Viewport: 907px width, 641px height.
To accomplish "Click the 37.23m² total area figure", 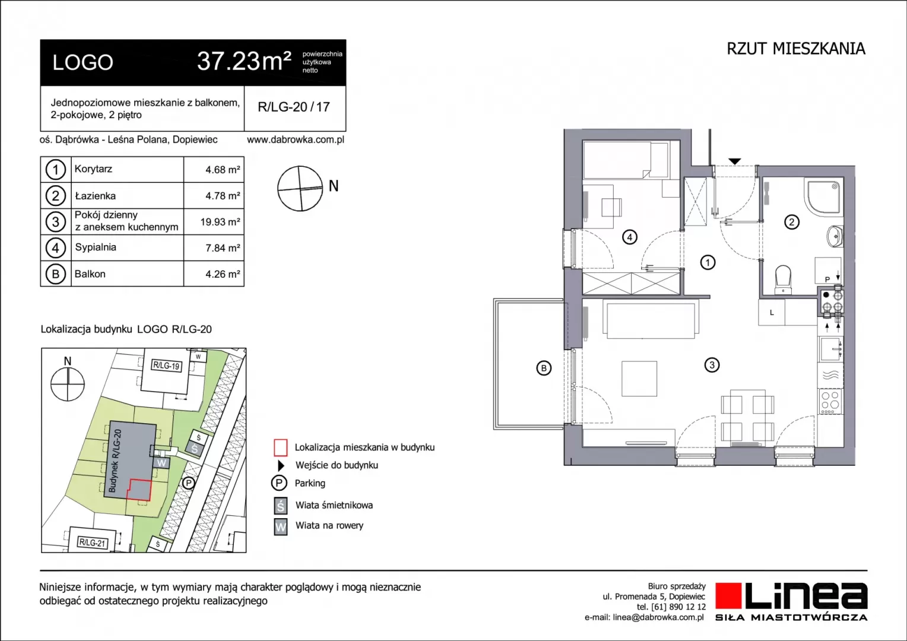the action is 244,62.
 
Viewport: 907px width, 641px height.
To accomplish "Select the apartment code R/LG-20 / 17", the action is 294,107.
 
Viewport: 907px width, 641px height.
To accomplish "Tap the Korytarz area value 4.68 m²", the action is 222,170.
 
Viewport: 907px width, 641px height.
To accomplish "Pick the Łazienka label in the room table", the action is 95,196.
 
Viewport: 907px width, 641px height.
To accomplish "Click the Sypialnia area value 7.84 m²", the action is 222,248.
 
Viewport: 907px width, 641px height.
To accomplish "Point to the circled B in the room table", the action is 55,274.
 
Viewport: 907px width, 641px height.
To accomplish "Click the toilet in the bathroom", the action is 783,280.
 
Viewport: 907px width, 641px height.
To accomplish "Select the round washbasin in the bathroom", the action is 834,236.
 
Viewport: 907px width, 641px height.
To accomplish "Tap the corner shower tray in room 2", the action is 824,197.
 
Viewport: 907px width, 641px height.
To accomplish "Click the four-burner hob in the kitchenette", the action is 830,401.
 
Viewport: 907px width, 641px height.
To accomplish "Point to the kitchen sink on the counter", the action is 830,348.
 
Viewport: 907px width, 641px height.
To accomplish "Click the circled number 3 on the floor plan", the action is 712,365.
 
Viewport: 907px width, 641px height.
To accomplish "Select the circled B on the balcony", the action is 544,368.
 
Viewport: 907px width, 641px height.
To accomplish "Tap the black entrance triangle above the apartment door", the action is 734,161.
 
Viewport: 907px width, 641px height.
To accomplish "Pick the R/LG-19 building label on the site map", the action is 166,366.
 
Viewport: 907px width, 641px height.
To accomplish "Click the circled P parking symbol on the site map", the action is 188,483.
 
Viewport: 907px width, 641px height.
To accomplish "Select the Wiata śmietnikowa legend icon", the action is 281,505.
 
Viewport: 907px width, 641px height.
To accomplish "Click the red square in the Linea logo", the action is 728,596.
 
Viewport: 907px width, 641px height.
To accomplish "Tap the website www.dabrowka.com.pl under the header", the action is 296,139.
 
